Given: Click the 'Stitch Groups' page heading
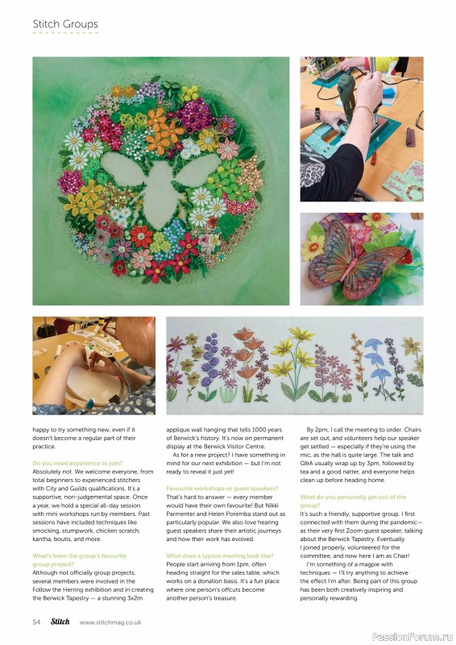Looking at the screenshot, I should click(65, 24).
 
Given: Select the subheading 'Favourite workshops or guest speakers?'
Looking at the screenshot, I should click(222, 489).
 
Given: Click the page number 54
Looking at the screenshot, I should click(37, 622).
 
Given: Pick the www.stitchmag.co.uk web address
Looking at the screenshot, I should click(110, 622).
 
